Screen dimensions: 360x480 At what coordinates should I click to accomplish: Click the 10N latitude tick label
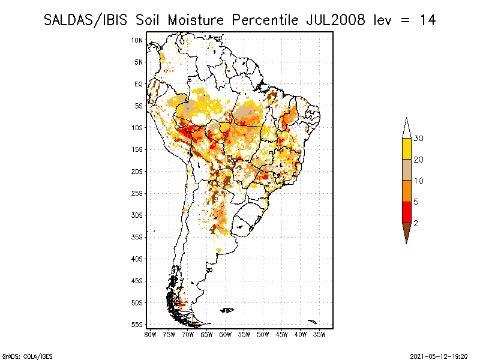137,40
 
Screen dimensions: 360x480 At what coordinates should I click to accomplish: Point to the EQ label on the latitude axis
138,84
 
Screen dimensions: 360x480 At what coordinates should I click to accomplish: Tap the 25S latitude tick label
137,193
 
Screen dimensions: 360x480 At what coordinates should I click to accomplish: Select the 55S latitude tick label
137,325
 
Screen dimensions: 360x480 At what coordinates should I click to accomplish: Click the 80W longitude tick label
150,334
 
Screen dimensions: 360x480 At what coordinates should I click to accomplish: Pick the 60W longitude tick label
226,334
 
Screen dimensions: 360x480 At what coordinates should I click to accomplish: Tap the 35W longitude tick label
319,334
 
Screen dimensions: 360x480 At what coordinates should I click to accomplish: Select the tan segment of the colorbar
406,170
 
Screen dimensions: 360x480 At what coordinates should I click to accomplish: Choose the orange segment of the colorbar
406,191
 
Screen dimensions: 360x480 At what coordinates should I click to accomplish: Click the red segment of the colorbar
406,212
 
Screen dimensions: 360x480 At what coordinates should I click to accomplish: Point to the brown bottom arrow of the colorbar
406,232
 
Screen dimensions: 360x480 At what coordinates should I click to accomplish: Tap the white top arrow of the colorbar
406,128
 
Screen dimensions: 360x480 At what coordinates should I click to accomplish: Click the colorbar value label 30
419,139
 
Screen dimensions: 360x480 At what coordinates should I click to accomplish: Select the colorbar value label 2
416,223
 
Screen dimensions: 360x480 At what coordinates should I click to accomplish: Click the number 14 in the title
427,20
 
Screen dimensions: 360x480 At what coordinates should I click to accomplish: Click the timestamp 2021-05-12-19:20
439,355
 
